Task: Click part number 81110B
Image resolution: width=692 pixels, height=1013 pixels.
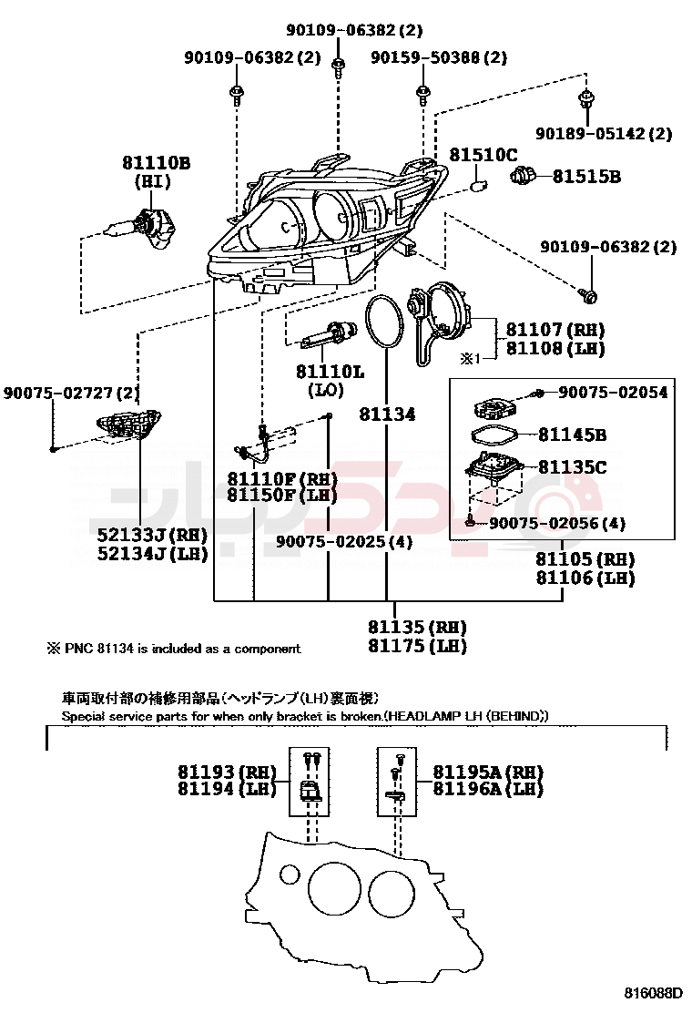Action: point(156,163)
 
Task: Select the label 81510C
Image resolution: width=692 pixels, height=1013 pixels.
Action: point(483,156)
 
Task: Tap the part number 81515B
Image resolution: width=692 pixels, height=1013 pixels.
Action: point(586,177)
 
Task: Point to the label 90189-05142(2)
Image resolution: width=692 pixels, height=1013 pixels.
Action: point(604,134)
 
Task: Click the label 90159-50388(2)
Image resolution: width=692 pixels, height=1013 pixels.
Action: point(439,57)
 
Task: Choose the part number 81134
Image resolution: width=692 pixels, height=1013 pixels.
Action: point(387,414)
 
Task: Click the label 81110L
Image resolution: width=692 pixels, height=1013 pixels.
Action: point(329,372)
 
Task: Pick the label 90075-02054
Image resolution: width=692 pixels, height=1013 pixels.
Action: point(613,393)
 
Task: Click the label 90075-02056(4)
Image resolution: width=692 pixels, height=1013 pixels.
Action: point(557,524)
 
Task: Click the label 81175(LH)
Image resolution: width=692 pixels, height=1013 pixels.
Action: point(417,646)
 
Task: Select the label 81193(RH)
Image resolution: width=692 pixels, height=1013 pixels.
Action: point(227,772)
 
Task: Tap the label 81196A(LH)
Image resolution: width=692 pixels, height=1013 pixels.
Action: point(488,790)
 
